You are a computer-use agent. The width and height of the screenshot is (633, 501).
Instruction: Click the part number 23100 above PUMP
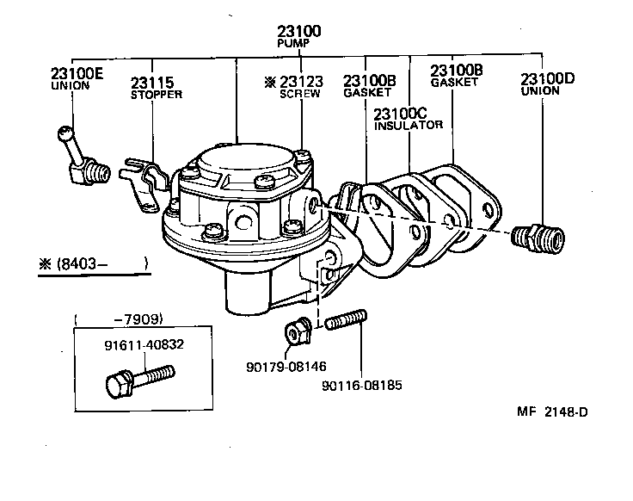coord(299,31)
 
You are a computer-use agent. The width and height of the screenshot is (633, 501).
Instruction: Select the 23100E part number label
coord(77,74)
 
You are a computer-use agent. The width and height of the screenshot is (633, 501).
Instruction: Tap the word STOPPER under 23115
coord(156,95)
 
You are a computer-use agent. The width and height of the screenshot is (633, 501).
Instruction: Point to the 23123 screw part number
coord(300,82)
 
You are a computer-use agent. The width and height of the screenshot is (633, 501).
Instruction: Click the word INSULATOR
coord(409,125)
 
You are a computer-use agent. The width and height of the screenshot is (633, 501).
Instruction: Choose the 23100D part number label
coord(546,79)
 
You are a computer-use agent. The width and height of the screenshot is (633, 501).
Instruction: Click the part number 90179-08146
coord(285,365)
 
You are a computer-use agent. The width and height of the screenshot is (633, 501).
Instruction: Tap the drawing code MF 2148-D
coord(552,411)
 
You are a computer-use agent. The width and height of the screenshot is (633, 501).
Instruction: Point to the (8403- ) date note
coord(95,263)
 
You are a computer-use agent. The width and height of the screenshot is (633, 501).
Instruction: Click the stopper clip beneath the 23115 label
coord(144,180)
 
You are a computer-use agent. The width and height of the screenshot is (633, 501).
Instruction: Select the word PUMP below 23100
coord(294,43)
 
